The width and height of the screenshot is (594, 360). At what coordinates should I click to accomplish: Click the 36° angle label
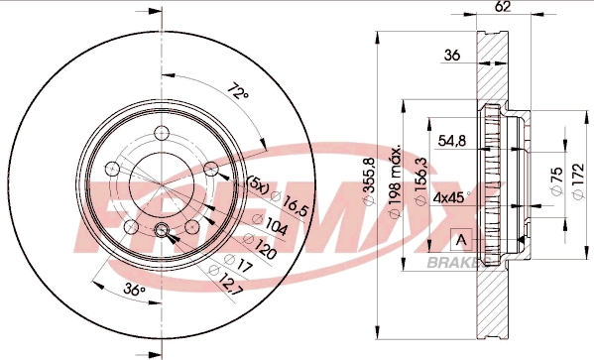tap(137, 291)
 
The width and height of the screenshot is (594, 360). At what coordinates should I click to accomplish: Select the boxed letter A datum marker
tap(459, 238)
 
